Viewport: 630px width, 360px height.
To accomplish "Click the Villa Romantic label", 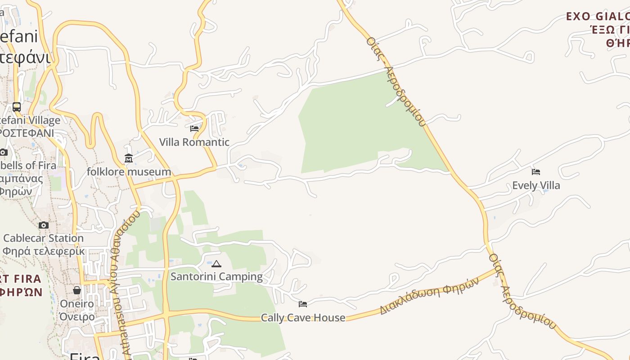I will (x=194, y=142).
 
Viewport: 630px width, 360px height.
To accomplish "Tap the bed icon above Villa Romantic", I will (x=194, y=129).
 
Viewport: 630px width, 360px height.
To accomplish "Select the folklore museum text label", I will (x=129, y=172).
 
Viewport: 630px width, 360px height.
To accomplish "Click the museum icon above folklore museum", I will (x=129, y=158).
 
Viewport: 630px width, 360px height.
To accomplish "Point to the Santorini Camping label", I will (x=216, y=277).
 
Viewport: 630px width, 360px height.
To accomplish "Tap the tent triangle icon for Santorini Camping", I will (x=216, y=264).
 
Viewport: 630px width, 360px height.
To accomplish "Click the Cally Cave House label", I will (x=303, y=318).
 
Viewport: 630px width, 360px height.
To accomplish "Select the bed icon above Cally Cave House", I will (x=303, y=304).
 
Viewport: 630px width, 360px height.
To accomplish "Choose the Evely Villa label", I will (x=536, y=185).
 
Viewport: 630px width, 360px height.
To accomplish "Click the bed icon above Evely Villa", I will (x=536, y=172).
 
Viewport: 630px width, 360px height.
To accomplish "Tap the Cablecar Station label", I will (x=43, y=238).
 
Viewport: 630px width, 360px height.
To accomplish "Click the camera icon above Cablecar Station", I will (x=44, y=225).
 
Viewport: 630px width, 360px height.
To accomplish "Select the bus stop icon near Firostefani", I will (x=17, y=107).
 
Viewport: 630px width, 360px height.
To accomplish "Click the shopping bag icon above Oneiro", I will (x=77, y=290).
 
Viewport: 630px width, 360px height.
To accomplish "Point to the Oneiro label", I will (x=77, y=304).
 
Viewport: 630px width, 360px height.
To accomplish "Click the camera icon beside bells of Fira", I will (x=3, y=152).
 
